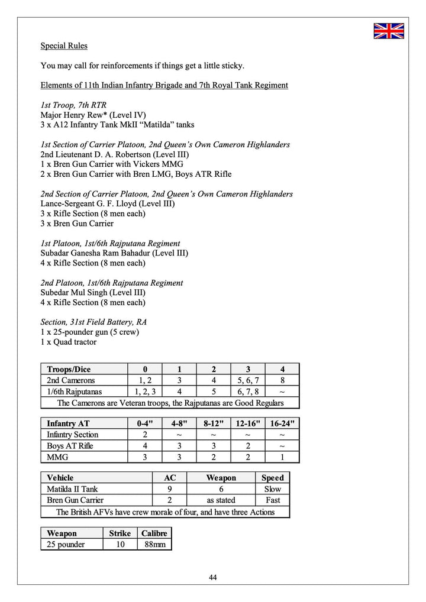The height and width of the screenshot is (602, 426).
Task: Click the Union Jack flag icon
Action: pos(388,31)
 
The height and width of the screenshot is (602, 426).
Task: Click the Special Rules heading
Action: pos(64,46)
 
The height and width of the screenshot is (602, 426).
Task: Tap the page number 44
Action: pos(213,577)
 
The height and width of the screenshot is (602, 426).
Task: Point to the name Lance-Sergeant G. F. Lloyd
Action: pos(92,203)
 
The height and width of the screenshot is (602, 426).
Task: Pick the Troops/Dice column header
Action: pos(69,369)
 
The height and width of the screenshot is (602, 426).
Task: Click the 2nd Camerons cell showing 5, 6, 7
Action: pos(248,380)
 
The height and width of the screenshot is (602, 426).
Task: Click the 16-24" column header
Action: pos(282,423)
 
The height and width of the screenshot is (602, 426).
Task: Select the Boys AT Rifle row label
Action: pos(70,446)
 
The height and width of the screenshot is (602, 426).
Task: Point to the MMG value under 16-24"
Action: pos(282,457)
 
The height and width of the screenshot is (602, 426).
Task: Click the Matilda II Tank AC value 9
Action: pos(169,489)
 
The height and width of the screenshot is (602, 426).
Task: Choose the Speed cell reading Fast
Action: pos(273,500)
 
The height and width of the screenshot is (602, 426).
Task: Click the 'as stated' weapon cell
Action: pos(221,500)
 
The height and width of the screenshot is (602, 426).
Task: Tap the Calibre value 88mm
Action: pos(154,545)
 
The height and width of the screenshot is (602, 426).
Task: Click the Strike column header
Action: pos(120,533)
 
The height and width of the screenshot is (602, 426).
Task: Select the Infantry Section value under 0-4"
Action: pos(145,435)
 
